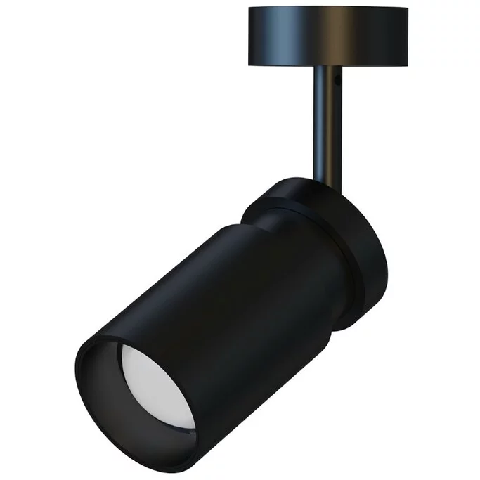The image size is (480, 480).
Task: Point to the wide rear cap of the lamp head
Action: pyautogui.click(x=330, y=232)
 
